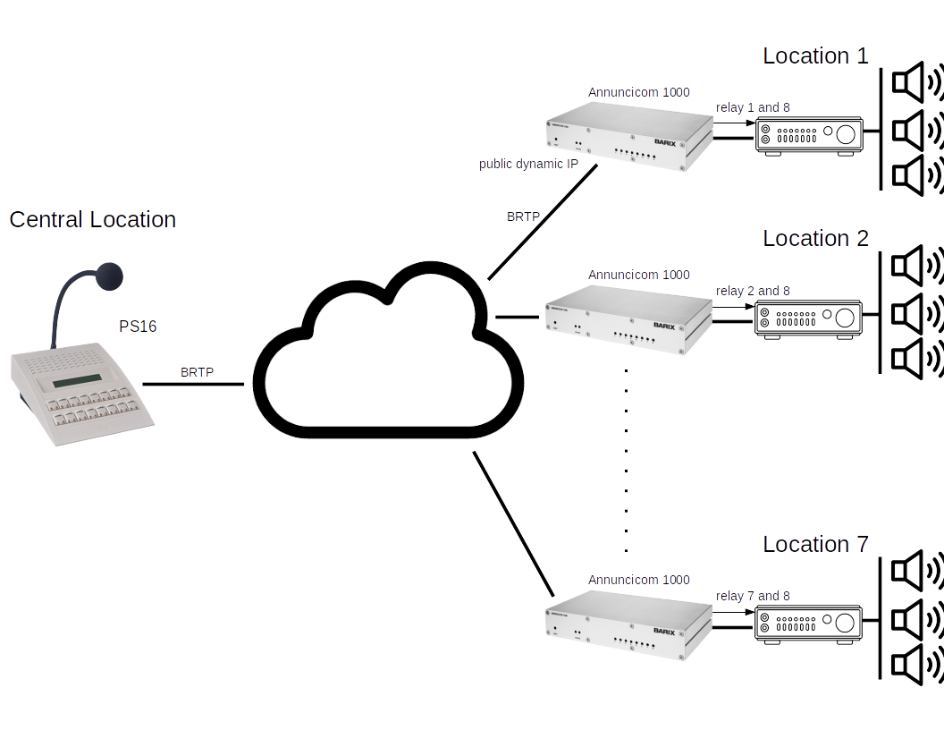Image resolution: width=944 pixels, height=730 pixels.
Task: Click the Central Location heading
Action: pyautogui.click(x=92, y=220)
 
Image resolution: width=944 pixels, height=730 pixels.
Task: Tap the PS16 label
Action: pyautogui.click(x=138, y=327)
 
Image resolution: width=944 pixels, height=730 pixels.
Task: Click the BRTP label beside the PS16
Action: pyautogui.click(x=197, y=372)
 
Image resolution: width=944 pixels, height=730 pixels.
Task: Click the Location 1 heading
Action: pyautogui.click(x=814, y=56)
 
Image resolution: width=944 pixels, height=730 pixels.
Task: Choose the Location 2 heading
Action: pyautogui.click(x=814, y=239)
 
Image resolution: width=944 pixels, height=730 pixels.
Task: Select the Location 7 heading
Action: pyautogui.click(x=814, y=545)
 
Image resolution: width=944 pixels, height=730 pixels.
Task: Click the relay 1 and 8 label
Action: pyautogui.click(x=753, y=107)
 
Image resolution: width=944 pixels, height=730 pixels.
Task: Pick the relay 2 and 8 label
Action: pyautogui.click(x=753, y=291)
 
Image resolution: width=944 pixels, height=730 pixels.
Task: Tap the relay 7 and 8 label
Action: pyautogui.click(x=753, y=596)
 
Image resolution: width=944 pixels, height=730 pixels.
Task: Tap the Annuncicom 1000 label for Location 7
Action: pyautogui.click(x=638, y=580)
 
